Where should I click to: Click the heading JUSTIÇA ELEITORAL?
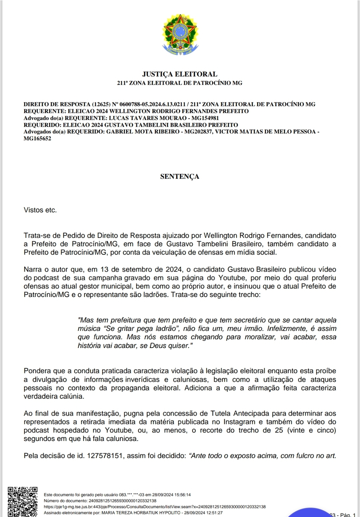click(x=180, y=74)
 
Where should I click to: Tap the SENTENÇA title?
click(x=180, y=177)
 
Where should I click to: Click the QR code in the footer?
click(x=23, y=501)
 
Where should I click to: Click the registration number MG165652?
click(x=37, y=139)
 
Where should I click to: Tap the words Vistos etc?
click(x=40, y=210)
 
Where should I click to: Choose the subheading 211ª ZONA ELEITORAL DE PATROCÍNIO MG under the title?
click(x=180, y=83)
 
